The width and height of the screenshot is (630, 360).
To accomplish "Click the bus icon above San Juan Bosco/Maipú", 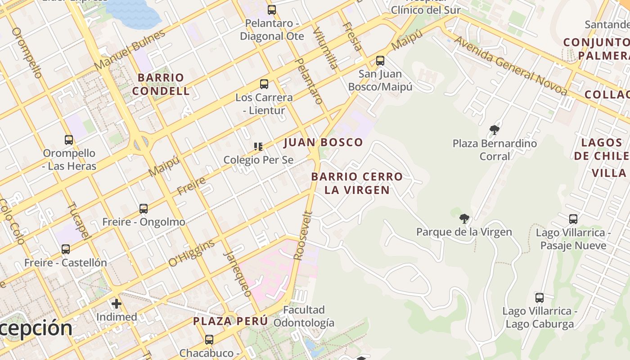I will coord(380,61).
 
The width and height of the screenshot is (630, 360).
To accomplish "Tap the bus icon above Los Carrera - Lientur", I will coord(264,84).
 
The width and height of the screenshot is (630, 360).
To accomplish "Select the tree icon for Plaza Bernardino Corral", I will coord(495,130).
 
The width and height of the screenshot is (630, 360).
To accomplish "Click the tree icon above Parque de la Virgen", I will coord(464,219).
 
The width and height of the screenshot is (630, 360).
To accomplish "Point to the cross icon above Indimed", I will coord(117,304).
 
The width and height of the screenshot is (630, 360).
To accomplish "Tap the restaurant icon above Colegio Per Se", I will coord(258,146).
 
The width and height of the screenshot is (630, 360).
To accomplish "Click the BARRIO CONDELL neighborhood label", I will coord(161,84).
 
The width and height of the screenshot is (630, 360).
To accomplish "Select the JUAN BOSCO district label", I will coord(323,143).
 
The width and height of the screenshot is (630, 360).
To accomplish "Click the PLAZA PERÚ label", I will coord(230,321).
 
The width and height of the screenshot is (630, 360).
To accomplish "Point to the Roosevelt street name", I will coord(303,236).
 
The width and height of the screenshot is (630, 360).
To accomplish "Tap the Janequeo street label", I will coord(238,273).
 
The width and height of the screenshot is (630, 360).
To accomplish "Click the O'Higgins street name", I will coord(192,253).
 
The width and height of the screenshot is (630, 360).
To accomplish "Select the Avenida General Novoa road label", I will coord(510,66).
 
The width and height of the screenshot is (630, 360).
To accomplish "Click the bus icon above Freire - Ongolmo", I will coord(144,209).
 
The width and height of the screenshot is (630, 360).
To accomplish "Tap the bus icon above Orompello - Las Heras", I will coord(69,140).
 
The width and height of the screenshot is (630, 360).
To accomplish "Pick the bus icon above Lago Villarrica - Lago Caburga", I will coord(540,298).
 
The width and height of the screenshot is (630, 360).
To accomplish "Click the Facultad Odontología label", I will coord(304,316).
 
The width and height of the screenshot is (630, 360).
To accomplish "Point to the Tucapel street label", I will coord(79,220).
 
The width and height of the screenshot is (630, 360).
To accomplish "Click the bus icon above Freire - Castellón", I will coord(66,249).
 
